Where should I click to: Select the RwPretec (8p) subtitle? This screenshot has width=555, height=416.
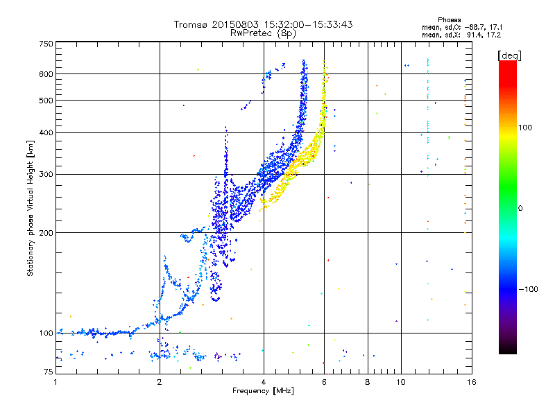(263, 33)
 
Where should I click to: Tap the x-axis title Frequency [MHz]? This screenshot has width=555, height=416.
(263, 391)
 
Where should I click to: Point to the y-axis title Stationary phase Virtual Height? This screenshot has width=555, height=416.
(30, 209)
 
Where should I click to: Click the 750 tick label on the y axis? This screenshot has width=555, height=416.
(46, 44)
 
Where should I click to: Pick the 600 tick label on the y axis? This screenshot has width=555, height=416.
(46, 74)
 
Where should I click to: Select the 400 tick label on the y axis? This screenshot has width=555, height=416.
(46, 132)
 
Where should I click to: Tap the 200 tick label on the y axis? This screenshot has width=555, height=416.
(46, 233)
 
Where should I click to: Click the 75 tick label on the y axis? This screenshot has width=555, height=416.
(48, 372)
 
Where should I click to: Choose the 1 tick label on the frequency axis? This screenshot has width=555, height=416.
(55, 382)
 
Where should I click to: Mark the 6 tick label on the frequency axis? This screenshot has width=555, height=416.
(324, 382)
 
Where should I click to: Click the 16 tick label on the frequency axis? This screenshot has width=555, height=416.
(472, 382)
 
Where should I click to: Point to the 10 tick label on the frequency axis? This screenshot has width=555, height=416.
(401, 382)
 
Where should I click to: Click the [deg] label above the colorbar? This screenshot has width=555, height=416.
(509, 56)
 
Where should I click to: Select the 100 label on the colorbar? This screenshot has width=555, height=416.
(525, 128)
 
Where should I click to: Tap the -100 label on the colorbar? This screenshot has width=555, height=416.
(528, 289)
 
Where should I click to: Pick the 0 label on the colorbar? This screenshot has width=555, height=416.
(520, 208)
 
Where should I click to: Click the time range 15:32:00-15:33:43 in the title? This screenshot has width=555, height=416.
(308, 24)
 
